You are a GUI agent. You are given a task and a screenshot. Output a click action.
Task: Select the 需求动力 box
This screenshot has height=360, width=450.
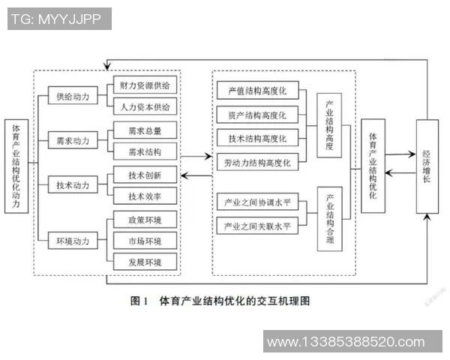(x=72, y=140)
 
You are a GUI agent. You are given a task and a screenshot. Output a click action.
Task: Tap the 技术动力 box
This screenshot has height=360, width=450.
(x=72, y=184)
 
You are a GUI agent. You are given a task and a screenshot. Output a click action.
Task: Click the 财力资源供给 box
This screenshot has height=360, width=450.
(x=144, y=85)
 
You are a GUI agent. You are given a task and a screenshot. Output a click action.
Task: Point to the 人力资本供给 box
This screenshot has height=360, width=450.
(x=144, y=106)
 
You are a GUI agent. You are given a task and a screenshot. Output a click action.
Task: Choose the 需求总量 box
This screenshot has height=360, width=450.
(x=144, y=130)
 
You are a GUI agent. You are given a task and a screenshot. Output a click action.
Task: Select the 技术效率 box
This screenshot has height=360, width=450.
(x=144, y=196)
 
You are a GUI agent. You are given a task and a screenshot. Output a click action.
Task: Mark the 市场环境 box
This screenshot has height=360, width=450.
(x=144, y=241)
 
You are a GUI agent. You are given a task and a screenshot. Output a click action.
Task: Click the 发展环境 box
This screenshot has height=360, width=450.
(x=144, y=262)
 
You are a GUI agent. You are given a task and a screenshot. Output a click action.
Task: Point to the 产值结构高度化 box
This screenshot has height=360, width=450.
(x=257, y=91)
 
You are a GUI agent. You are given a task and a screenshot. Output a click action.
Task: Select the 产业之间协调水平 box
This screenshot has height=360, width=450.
(x=257, y=202)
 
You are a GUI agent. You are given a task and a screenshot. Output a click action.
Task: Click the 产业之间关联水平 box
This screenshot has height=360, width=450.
(x=257, y=226)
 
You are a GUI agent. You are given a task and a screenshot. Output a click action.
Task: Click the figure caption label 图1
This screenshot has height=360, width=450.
(x=138, y=301)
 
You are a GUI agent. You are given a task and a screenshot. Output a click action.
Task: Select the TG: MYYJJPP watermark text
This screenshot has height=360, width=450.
(x=56, y=18)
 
